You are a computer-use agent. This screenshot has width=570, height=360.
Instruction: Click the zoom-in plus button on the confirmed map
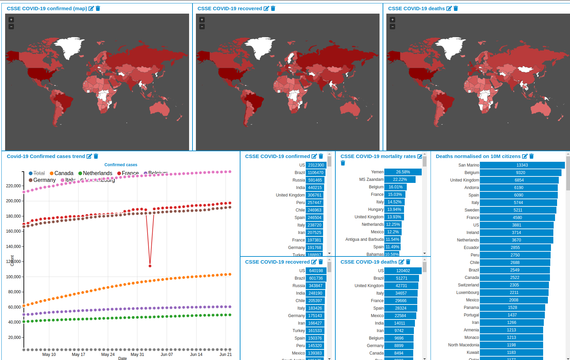(x=11, y=20)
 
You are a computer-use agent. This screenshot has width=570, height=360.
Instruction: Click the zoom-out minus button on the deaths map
(x=392, y=27)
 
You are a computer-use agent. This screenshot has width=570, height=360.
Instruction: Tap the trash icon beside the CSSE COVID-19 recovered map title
(x=273, y=9)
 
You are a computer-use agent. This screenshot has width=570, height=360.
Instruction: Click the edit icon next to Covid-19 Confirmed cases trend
(x=89, y=156)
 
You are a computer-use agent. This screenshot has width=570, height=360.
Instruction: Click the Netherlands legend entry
(x=97, y=173)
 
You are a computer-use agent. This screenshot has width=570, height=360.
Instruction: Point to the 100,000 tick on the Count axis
(x=14, y=277)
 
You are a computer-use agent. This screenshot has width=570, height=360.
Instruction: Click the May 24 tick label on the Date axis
(x=108, y=355)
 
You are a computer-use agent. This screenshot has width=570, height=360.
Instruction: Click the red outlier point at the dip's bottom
(x=150, y=266)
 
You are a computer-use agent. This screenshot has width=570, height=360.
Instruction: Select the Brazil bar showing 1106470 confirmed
(x=316, y=173)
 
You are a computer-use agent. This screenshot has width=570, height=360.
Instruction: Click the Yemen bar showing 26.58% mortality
(x=403, y=172)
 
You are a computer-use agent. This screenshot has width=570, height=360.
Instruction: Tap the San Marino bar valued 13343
(x=522, y=165)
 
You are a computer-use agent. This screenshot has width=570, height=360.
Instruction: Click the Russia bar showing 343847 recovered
(x=315, y=286)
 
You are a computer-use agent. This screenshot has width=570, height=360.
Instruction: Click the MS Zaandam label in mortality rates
(x=371, y=179)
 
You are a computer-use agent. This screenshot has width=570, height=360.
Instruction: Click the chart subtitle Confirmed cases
(x=121, y=165)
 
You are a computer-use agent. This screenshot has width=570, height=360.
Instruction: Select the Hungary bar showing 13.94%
(x=394, y=209)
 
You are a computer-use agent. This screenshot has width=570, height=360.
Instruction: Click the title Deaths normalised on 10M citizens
(x=478, y=156)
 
